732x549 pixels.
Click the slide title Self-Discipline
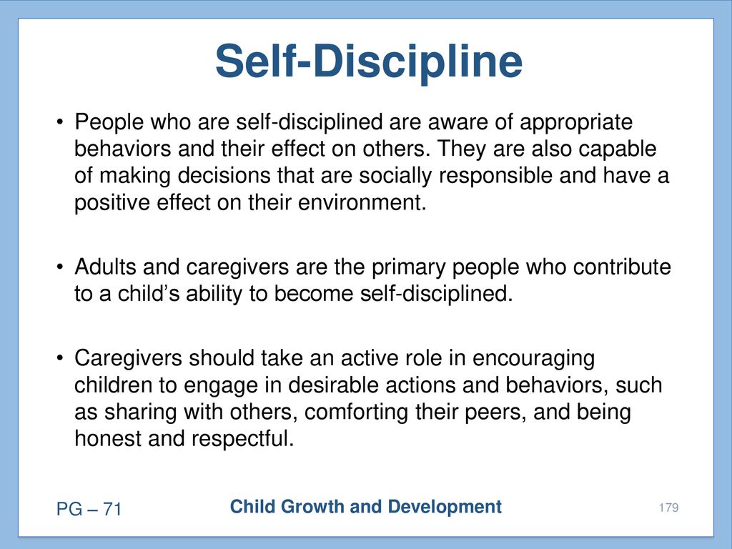369,61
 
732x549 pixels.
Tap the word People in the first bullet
109,123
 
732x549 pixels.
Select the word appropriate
576,123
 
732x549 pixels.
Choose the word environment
362,202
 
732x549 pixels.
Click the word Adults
106,267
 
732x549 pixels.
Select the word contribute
622,267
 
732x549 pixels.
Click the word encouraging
533,359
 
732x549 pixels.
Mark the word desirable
333,385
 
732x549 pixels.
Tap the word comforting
356,412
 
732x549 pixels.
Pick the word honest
108,439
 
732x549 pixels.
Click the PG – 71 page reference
89,509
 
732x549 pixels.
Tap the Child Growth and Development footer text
366,507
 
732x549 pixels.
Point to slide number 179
668,508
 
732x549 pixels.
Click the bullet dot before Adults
60,267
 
